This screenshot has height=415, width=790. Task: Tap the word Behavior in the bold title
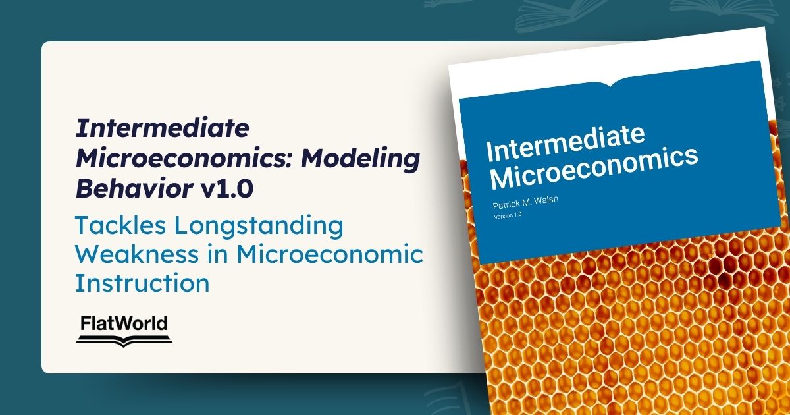tap(134, 188)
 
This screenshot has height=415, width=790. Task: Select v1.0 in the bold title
tap(226, 189)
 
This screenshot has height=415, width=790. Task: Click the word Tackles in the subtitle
tap(120, 225)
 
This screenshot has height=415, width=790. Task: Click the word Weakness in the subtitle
tap(137, 254)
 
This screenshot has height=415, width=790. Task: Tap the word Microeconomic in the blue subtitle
tap(329, 254)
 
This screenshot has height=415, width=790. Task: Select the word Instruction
tap(142, 283)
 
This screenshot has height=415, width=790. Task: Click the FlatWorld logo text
tap(124, 323)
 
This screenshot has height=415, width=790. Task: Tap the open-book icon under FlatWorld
tap(124, 341)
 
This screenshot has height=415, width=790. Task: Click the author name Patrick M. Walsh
tap(525, 202)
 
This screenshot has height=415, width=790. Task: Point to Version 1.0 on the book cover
tap(508, 215)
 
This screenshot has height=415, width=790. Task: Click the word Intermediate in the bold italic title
tap(163, 128)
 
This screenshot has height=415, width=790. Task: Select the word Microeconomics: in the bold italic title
tap(184, 159)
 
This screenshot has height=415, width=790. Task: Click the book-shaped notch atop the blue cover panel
tap(610, 84)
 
